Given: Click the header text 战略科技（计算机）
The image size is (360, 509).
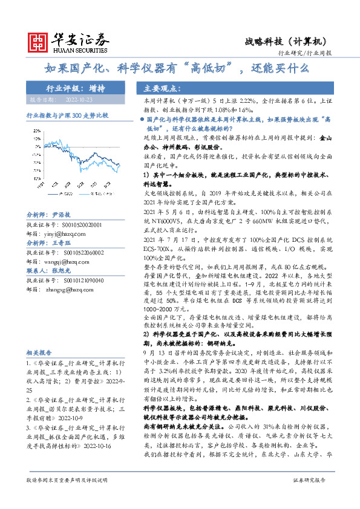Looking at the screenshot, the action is (x=287, y=41).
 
